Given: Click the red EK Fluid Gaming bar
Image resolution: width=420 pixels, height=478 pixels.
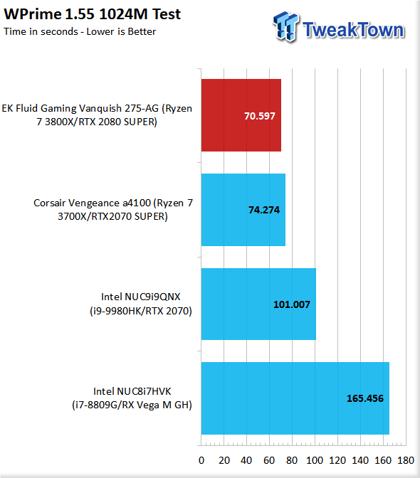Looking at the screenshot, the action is coord(241,115).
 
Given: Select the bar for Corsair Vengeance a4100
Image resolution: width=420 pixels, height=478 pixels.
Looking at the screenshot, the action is coord(243,210).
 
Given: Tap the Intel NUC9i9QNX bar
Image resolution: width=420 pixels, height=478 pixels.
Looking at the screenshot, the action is coord(258,304).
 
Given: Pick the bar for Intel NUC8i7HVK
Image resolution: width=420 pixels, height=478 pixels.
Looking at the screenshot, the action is coord(295,398).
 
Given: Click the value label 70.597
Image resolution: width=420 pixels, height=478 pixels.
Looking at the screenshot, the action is coord(260,116).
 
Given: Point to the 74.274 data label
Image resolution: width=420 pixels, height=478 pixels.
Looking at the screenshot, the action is coord(264,210).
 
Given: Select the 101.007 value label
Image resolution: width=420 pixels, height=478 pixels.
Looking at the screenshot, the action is coord(292,304).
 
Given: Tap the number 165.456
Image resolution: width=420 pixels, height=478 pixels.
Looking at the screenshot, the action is coord(365,398).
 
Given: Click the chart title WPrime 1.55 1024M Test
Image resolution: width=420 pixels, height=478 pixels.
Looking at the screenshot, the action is coord(92,14).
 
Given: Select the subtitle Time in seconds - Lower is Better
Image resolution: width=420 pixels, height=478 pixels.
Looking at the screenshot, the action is coord(80,31).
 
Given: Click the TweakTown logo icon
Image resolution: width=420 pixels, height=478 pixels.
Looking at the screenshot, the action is coord(285,26).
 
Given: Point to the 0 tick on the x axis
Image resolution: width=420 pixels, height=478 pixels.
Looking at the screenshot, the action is coord(201,460).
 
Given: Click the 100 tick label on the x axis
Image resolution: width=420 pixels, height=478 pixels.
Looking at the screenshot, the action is coord(315,460).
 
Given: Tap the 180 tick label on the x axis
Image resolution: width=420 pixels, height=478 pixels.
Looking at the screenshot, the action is coord(406,460).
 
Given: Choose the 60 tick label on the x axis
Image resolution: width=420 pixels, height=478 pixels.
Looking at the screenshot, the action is coord(269,460).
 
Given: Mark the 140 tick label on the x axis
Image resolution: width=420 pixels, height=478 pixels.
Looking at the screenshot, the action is coord(360,460).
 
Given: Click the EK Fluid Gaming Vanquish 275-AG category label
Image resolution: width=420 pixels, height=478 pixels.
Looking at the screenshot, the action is coord(97,115).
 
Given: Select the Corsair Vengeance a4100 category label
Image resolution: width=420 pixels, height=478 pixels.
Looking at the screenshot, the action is coord(113,209).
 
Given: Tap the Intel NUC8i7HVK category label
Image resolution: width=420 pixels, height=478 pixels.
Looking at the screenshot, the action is coord(132,398).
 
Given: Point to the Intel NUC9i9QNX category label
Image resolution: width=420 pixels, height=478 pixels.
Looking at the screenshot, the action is coord(141,304).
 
